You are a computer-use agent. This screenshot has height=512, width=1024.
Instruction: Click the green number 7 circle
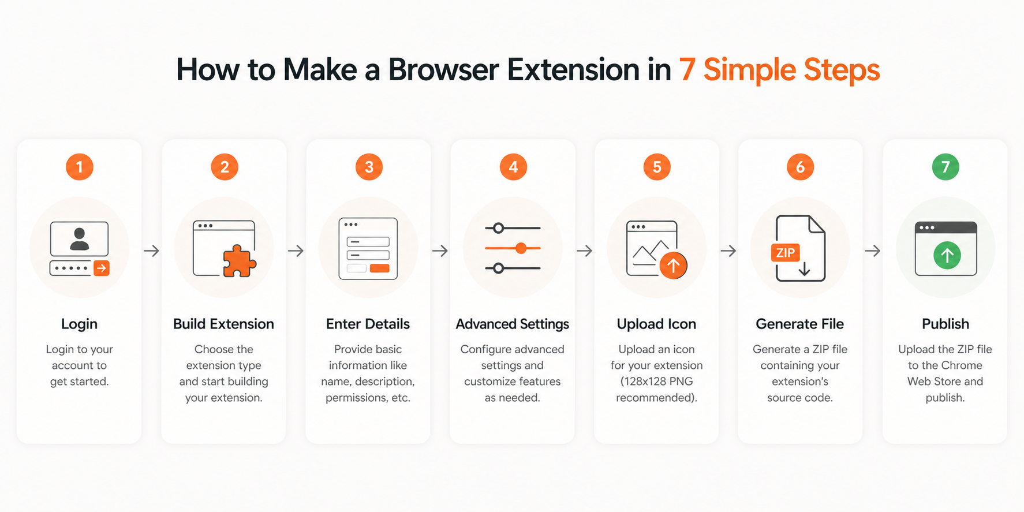[x=945, y=167]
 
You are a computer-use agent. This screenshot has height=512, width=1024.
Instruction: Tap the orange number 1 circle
[x=80, y=167]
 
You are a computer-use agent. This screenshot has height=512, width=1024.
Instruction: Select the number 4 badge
[x=513, y=167]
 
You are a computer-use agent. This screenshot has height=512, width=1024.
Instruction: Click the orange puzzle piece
[x=240, y=261]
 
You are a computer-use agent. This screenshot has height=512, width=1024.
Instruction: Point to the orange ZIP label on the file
[x=785, y=253]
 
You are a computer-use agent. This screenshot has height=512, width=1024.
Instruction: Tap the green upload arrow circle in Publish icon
[x=947, y=255]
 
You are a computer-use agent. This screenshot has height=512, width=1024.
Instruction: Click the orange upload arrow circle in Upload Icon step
[x=673, y=266]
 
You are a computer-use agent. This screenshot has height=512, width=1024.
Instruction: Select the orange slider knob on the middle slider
[x=521, y=248]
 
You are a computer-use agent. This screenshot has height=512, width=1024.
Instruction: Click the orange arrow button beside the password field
[x=102, y=268]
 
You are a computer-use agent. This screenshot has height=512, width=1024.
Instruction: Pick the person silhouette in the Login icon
[x=80, y=238]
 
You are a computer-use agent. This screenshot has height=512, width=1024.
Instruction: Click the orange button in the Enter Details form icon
[x=379, y=268]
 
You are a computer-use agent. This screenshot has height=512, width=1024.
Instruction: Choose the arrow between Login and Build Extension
[x=151, y=251]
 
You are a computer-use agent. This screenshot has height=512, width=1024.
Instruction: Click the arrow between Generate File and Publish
[x=872, y=251]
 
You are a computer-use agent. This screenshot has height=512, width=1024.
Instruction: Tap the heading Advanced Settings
[x=513, y=324]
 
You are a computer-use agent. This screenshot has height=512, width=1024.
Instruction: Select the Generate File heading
[x=800, y=324]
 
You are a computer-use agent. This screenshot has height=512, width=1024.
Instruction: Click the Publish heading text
[x=945, y=324]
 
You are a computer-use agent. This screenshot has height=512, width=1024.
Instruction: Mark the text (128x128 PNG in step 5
[x=657, y=382]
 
